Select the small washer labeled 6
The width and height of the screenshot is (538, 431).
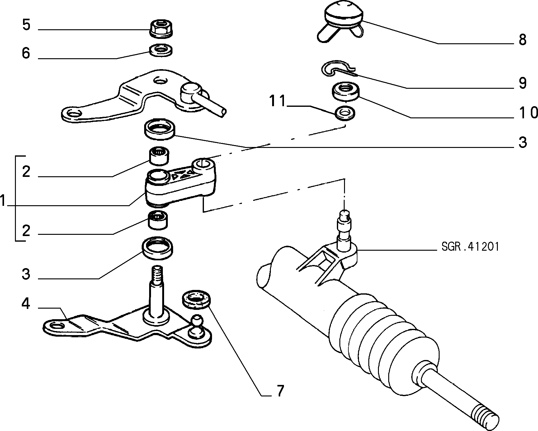click(161, 50)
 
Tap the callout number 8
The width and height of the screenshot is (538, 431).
click(522, 40)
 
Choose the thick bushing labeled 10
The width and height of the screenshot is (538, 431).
click(345, 91)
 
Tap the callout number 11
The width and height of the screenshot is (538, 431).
click(277, 102)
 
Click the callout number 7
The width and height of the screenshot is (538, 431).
click(280, 391)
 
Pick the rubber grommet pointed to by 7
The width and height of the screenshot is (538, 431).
click(196, 300)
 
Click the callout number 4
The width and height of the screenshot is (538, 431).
click(26, 304)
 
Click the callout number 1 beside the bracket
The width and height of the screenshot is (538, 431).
click(3, 201)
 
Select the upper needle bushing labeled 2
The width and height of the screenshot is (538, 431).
click(159, 156)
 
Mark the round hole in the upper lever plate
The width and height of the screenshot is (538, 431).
click(161, 82)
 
